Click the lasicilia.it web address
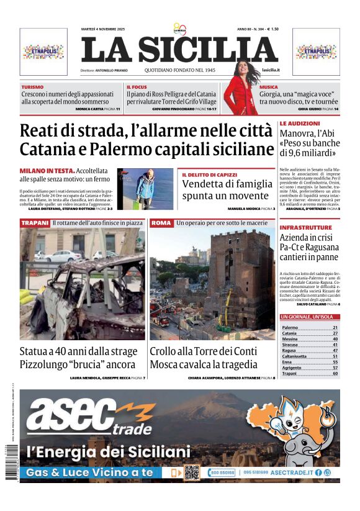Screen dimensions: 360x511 271,71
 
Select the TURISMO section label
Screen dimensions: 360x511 32,87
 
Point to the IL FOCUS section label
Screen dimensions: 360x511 137,87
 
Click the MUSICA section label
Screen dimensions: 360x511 269,87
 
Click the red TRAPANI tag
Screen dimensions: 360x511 35,222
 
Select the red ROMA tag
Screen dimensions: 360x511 161,222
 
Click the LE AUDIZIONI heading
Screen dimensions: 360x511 300,124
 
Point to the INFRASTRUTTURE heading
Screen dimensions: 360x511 305,228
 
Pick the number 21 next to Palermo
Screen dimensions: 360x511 335,327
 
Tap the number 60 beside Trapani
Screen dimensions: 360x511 335,374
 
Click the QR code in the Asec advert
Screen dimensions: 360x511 191,473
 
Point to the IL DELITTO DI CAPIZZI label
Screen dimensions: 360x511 211,175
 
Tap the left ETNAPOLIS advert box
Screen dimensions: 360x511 43,52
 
